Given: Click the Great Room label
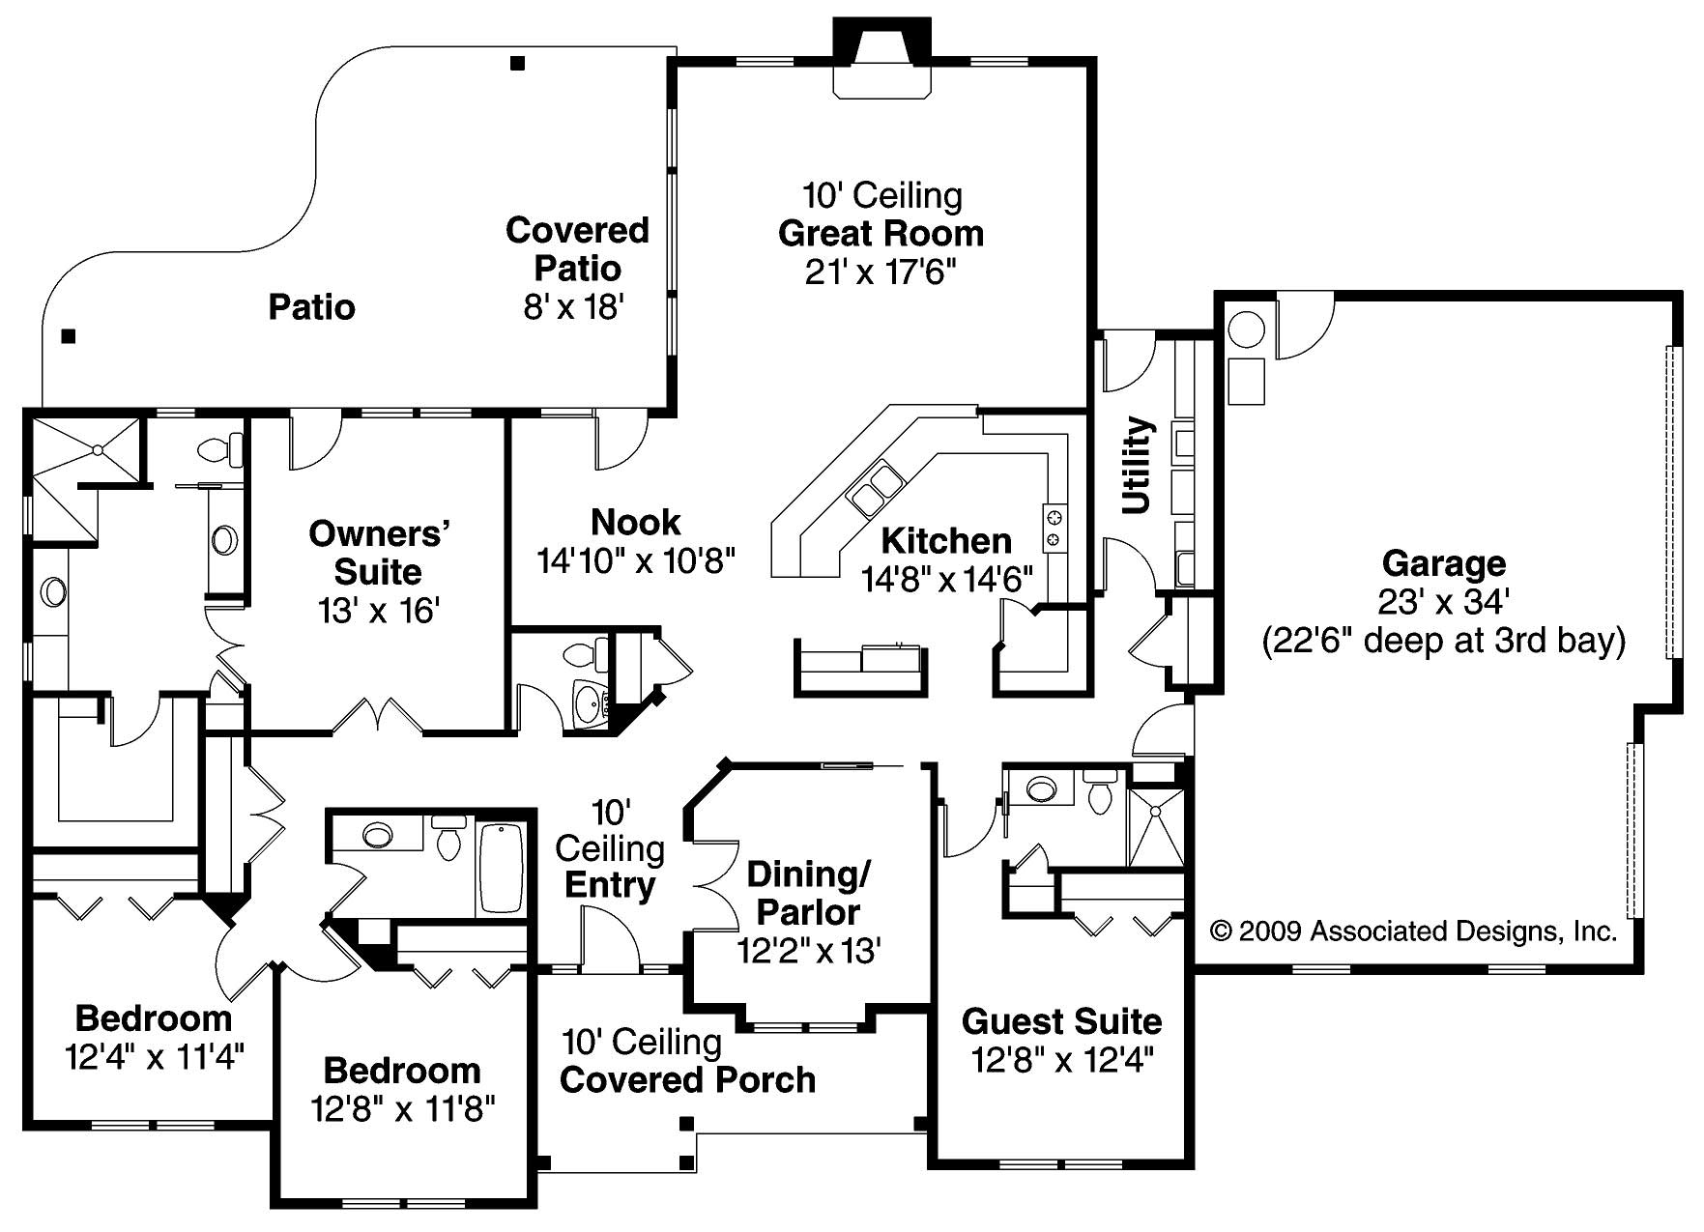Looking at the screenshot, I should [881, 234].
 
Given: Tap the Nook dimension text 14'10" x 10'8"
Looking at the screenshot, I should [636, 560].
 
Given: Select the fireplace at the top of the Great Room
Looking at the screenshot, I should [881, 61].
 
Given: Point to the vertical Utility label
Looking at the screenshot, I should [1138, 465].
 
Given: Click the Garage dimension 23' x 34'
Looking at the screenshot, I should [1443, 602].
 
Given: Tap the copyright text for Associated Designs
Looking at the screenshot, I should [1413, 931].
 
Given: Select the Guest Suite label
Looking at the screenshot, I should [1061, 1021].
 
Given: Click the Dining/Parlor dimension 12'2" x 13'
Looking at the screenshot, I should [808, 951].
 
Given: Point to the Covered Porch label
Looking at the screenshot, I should [687, 1079].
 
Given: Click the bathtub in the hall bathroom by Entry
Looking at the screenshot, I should [501, 867].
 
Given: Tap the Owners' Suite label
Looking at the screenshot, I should [379, 553].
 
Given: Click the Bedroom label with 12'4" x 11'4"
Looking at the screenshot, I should [154, 1018].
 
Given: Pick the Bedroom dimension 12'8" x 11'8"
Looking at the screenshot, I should [402, 1108].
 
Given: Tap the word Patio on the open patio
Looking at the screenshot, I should [311, 307].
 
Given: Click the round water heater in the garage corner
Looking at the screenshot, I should [1247, 329].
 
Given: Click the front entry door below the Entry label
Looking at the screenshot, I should [609, 942].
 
